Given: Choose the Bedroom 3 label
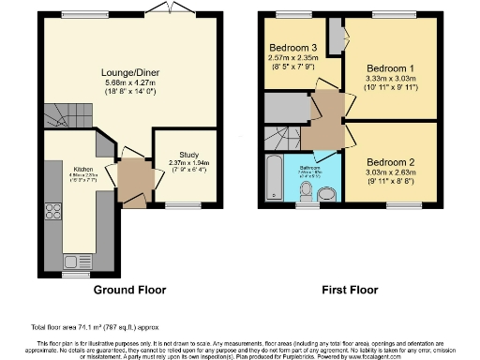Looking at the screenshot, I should (x=292, y=48).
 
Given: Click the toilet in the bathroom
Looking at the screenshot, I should (x=304, y=193).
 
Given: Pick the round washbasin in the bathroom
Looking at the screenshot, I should (x=326, y=194).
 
